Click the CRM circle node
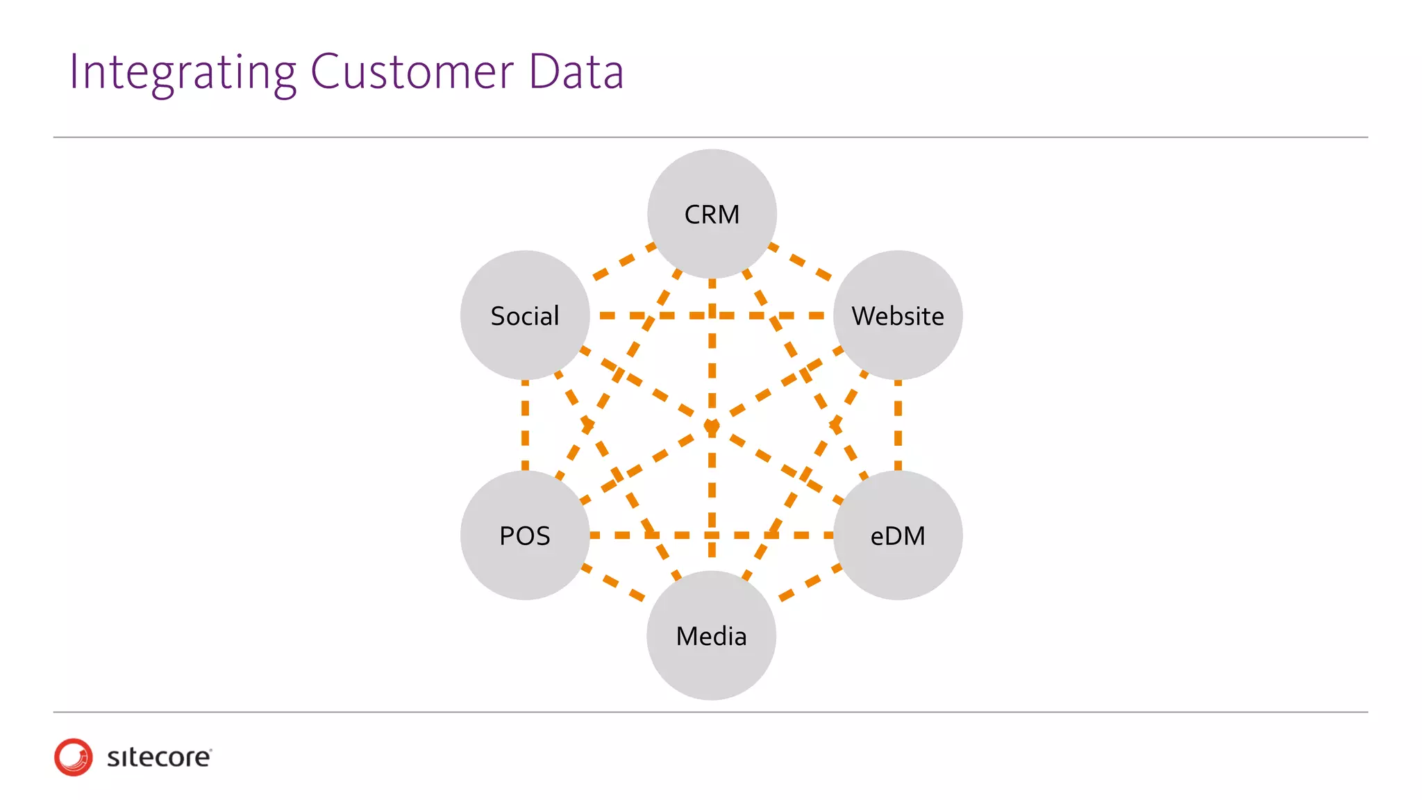(x=712, y=214)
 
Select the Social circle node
(x=525, y=315)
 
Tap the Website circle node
(x=898, y=315)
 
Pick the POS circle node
(x=525, y=535)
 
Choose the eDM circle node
(x=898, y=535)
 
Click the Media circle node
(x=712, y=635)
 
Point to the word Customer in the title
(x=412, y=72)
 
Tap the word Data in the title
(x=576, y=72)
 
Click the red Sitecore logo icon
(x=73, y=757)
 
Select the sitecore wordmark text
(x=159, y=757)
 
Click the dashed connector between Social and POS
(x=525, y=425)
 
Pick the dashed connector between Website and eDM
(x=898, y=425)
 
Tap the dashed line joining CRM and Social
(x=623, y=262)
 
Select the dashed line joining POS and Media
(x=615, y=584)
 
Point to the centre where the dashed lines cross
(x=712, y=426)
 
